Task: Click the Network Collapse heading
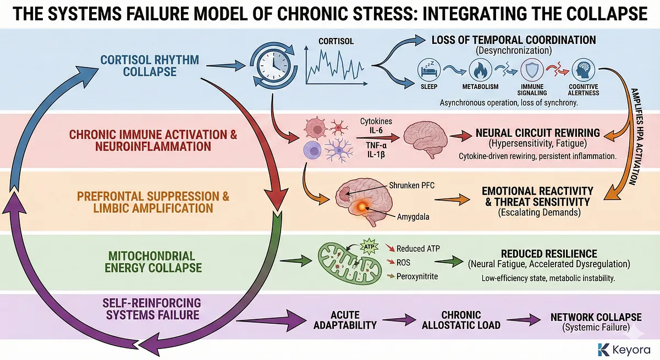point(596,317)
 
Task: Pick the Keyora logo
point(624,348)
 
